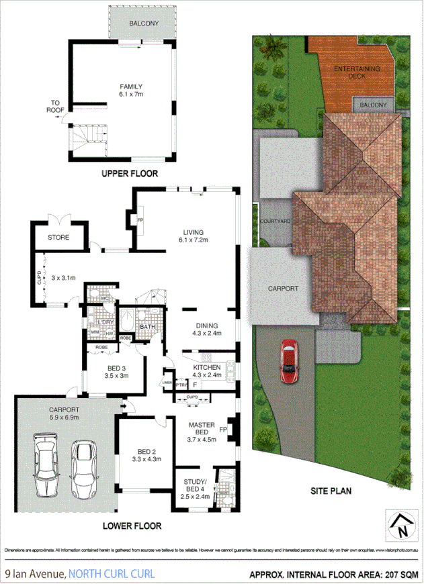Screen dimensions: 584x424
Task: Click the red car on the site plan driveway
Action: click(x=289, y=361)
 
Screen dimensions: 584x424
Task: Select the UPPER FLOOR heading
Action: click(x=130, y=173)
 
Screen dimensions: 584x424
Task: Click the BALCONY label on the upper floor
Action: click(x=144, y=23)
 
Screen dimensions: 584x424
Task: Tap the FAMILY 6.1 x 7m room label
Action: click(x=131, y=91)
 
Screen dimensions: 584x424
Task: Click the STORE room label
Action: click(x=58, y=237)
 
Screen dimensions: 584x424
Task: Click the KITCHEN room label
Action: click(x=207, y=372)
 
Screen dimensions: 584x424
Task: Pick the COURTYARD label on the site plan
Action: click(x=275, y=221)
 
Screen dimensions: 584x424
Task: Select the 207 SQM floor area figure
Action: click(x=398, y=574)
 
